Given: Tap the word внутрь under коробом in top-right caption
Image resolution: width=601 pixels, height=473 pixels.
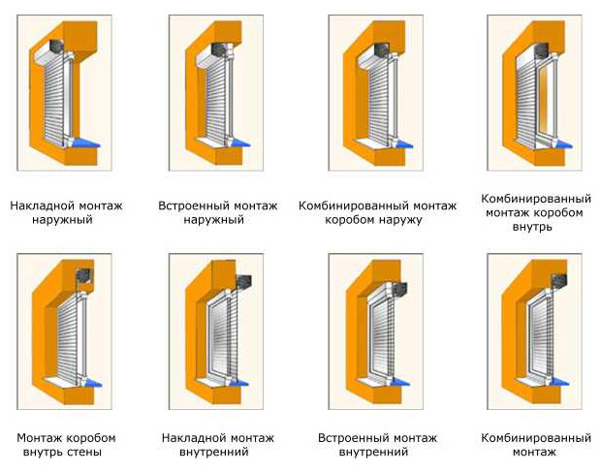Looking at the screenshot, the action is [x=532, y=227].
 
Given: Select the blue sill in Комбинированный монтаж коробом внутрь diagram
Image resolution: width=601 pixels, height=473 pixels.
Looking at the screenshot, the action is [x=562, y=143].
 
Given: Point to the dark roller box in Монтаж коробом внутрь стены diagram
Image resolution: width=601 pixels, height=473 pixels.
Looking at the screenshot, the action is [x=83, y=275].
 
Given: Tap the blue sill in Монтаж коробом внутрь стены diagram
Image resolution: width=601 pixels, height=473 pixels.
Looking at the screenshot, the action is [x=92, y=382].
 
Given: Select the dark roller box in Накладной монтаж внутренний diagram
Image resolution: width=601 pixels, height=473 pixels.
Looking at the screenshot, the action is [x=243, y=282].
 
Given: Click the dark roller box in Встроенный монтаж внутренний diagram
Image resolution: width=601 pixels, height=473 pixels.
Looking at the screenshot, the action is [x=399, y=290].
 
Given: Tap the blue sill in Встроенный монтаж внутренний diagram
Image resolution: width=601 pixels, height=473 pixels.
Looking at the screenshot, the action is [x=401, y=382].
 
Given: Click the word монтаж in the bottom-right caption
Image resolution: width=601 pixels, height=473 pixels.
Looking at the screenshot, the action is [x=534, y=453].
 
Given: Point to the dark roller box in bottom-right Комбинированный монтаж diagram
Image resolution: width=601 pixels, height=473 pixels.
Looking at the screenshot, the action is [x=559, y=281].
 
